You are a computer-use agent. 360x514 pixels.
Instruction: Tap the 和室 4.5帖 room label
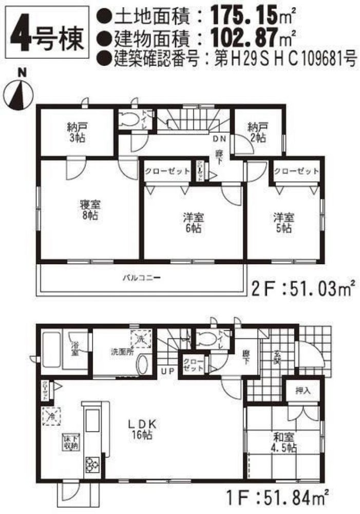click(284, 442)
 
